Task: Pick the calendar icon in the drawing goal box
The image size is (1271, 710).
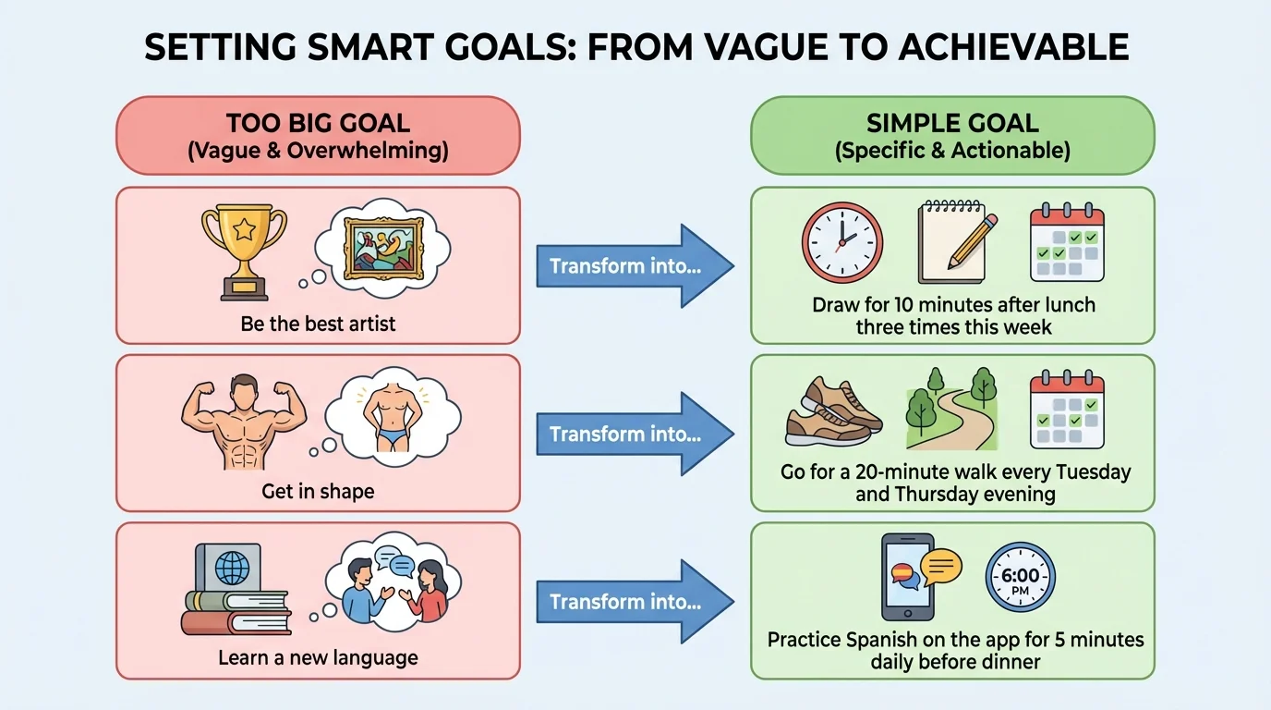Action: (1067, 242)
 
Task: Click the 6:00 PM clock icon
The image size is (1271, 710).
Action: (1020, 577)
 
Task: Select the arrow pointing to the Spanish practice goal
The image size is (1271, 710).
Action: (635, 602)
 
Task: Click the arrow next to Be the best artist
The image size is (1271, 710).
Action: (635, 266)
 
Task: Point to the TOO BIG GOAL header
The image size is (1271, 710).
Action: (318, 136)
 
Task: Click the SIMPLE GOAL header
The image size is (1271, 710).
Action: (952, 136)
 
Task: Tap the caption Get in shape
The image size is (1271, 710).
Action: (318, 491)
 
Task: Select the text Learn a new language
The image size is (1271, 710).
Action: (318, 658)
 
